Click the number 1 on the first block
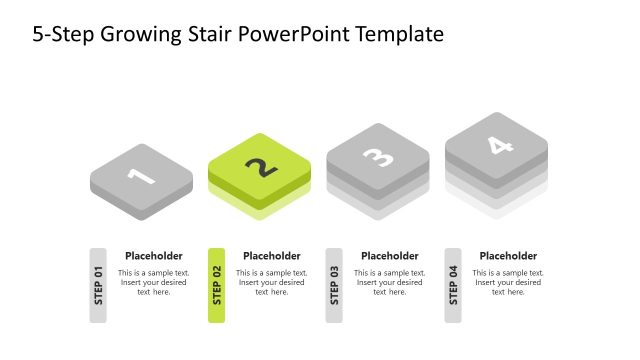coord(141,177)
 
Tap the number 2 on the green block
coord(260,167)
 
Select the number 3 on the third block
coord(378,157)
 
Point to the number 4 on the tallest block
coord(497,146)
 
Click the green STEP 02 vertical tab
coord(216,285)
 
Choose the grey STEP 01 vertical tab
coord(98,285)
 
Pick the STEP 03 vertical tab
coord(334,285)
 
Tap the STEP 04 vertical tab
coord(453,285)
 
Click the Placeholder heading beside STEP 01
coord(153,256)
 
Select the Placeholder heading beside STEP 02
coord(271,256)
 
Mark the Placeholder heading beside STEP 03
coord(389,256)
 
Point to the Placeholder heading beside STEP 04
coord(508,256)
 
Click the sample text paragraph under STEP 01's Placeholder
coord(153,282)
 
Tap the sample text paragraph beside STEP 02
coord(271,282)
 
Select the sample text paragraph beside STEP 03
coord(389,282)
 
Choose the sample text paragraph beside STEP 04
coord(508,282)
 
